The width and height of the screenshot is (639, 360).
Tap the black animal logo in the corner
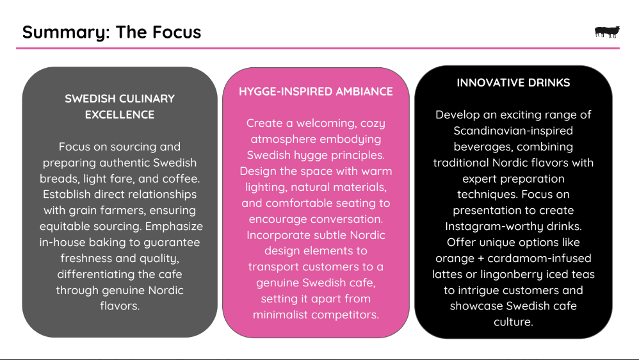pyautogui.click(x=606, y=32)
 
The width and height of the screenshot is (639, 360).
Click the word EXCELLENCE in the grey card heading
pyautogui.click(x=120, y=115)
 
